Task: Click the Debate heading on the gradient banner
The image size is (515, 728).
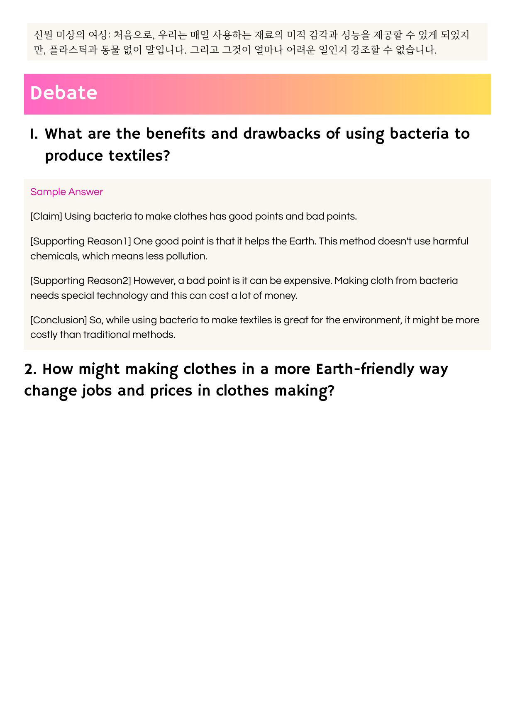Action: [63, 93]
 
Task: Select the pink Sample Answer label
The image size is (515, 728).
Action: [66, 192]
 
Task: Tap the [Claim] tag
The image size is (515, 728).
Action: [46, 216]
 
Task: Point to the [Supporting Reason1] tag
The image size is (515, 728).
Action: [81, 241]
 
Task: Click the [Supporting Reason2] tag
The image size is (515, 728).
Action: [81, 281]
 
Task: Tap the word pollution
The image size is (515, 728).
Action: [186, 256]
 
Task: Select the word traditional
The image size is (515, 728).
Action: [106, 335]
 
